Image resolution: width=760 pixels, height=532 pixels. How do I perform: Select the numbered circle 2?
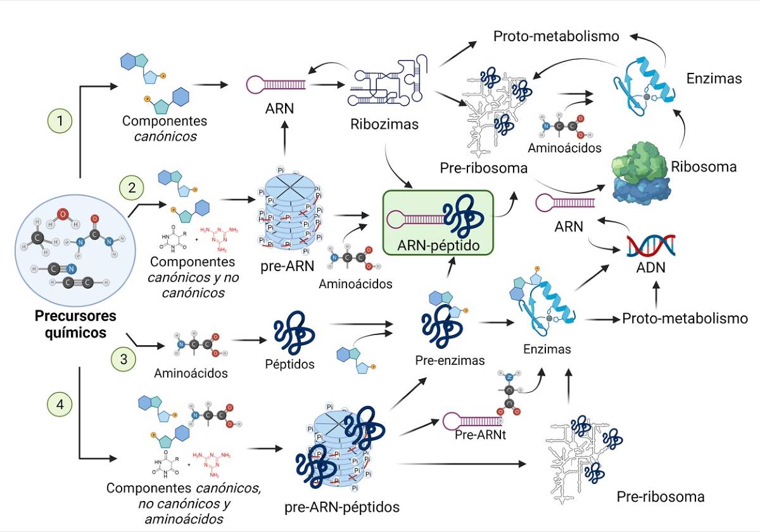(132, 187)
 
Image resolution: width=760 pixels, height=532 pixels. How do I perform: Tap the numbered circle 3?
(123, 358)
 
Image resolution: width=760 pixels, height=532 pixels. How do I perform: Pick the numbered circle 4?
(60, 405)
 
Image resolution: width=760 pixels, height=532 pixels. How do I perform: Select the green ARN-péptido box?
(438, 222)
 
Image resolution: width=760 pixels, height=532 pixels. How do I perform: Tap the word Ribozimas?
(384, 125)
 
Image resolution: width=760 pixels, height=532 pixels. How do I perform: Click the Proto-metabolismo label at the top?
(556, 36)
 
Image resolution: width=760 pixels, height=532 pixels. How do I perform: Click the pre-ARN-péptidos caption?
(342, 507)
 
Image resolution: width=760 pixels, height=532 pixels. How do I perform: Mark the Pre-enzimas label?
(450, 360)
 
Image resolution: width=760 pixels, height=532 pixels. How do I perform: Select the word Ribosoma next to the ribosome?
(704, 167)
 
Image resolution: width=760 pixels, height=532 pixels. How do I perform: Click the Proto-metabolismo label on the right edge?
(685, 319)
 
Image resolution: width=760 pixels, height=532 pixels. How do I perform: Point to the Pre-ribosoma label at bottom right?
(661, 496)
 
